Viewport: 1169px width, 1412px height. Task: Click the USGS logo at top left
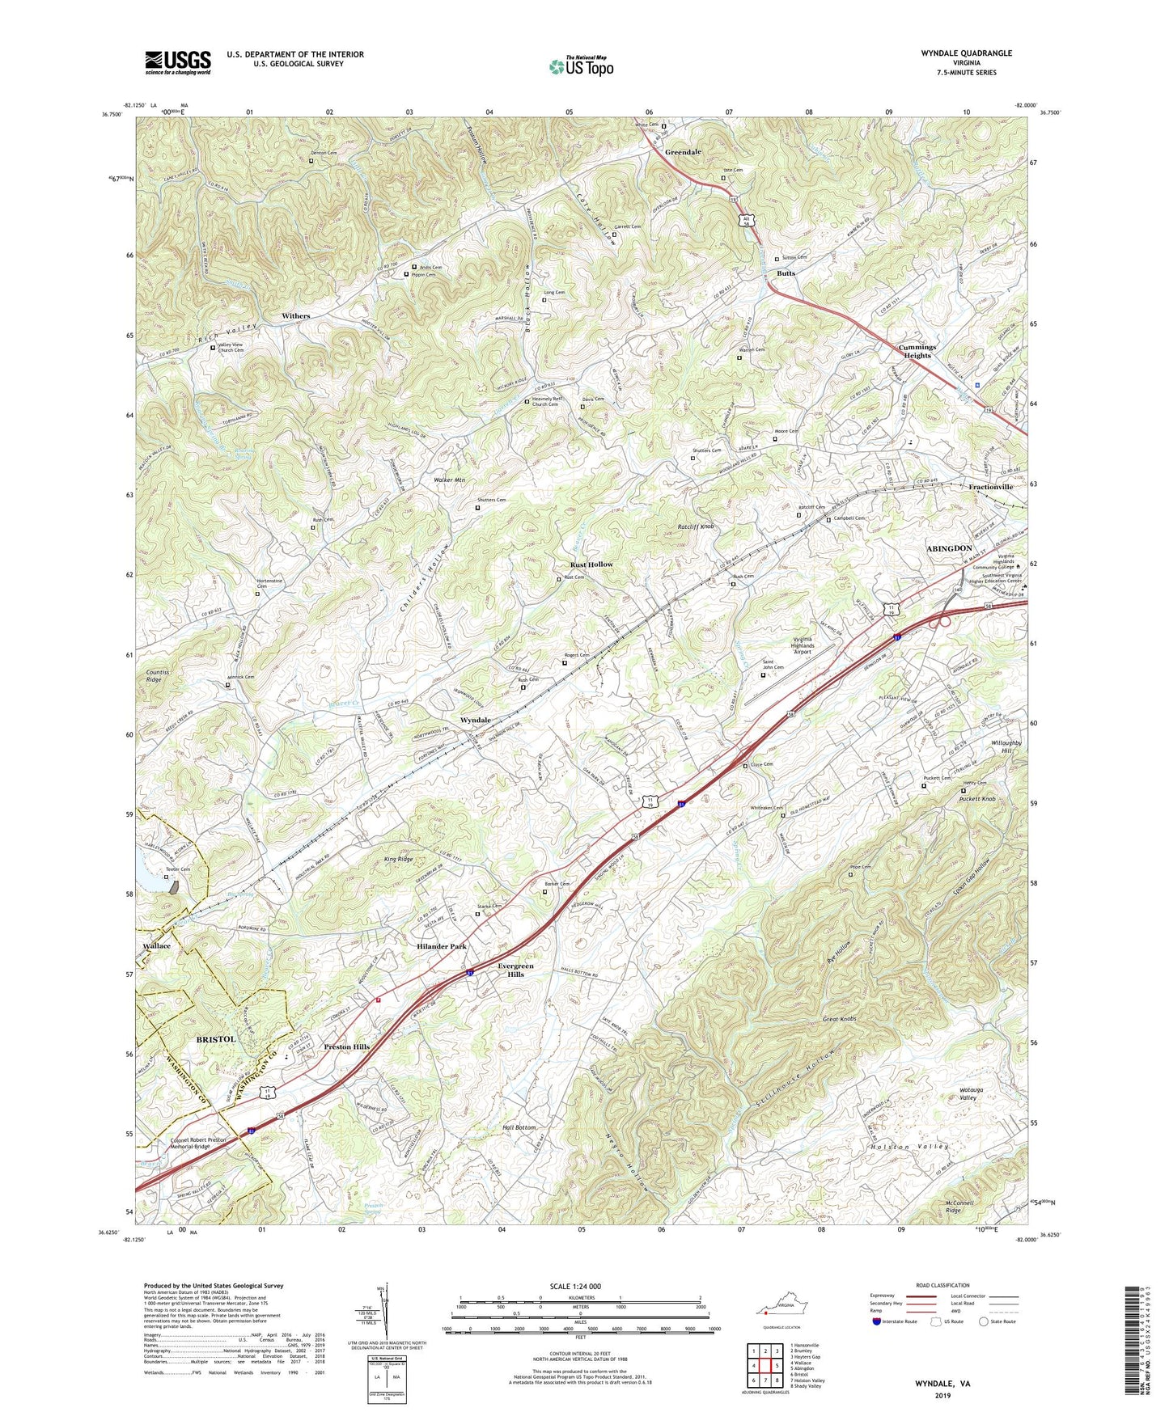[x=177, y=62]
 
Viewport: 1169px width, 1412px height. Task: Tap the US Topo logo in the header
[x=581, y=66]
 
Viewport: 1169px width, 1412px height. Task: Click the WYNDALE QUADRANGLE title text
[x=966, y=53]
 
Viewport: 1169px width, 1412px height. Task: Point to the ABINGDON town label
[x=948, y=548]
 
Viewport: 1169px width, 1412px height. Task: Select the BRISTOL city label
[x=215, y=1038]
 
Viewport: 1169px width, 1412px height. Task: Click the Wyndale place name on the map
[x=475, y=720]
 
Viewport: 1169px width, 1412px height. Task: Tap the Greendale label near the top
[x=683, y=152]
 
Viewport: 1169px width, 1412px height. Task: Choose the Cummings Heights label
[x=917, y=352]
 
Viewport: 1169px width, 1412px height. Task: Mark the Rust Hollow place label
[x=591, y=564]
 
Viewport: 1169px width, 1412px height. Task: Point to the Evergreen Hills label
[x=515, y=970]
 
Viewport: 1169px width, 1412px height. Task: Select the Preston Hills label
[x=346, y=1046]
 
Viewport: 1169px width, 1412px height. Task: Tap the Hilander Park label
[x=442, y=946]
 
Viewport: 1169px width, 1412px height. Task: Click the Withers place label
[x=295, y=316]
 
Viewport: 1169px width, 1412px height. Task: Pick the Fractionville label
[x=990, y=488]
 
